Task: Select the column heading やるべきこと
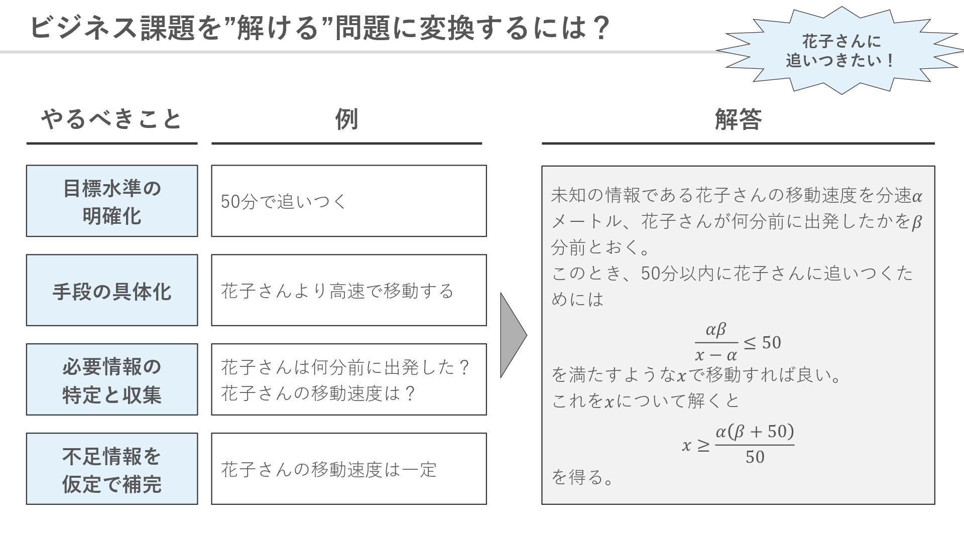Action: tap(111, 119)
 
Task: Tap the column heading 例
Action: tap(346, 119)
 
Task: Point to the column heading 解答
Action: tap(738, 119)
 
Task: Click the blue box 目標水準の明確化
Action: tap(112, 201)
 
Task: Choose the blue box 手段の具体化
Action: tap(112, 291)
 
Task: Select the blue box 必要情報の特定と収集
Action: tap(112, 380)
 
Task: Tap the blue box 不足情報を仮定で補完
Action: tap(112, 469)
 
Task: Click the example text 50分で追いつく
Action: tap(284, 202)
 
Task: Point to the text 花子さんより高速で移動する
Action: tap(337, 291)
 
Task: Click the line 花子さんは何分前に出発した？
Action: tap(345, 367)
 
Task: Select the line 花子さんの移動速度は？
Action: tap(318, 393)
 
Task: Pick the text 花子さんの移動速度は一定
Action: tap(329, 470)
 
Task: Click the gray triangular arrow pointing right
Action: tap(512, 335)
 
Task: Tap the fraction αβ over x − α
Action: tap(716, 342)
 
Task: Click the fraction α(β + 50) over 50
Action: tap(754, 444)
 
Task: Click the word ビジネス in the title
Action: tap(83, 28)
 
